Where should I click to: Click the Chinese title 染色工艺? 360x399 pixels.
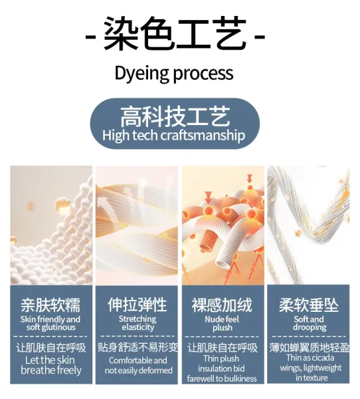pos(175,33)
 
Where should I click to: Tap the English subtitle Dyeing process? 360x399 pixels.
pos(174,74)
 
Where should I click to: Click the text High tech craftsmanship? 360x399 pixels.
pos(173,136)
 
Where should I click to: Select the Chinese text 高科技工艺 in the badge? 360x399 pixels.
pos(175,116)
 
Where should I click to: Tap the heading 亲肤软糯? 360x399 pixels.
pos(50,305)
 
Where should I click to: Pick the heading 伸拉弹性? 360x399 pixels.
pos(137,305)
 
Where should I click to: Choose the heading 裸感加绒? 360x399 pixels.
pos(222,305)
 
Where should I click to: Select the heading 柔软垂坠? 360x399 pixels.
pos(309,305)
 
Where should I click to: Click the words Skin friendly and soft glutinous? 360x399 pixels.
pos(50,323)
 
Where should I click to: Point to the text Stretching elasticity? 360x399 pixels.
pos(137,323)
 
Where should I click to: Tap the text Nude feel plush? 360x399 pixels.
pos(222,323)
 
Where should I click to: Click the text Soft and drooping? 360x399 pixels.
pos(309,323)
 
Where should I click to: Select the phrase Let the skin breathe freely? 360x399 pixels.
pos(51,365)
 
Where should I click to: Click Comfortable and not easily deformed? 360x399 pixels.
pos(138,365)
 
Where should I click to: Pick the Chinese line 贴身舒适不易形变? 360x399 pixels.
pos(137,347)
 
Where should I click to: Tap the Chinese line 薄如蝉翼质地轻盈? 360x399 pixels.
pos(309,347)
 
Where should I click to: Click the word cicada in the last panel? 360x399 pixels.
pos(322,358)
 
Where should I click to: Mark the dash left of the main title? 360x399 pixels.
pos(90,37)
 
